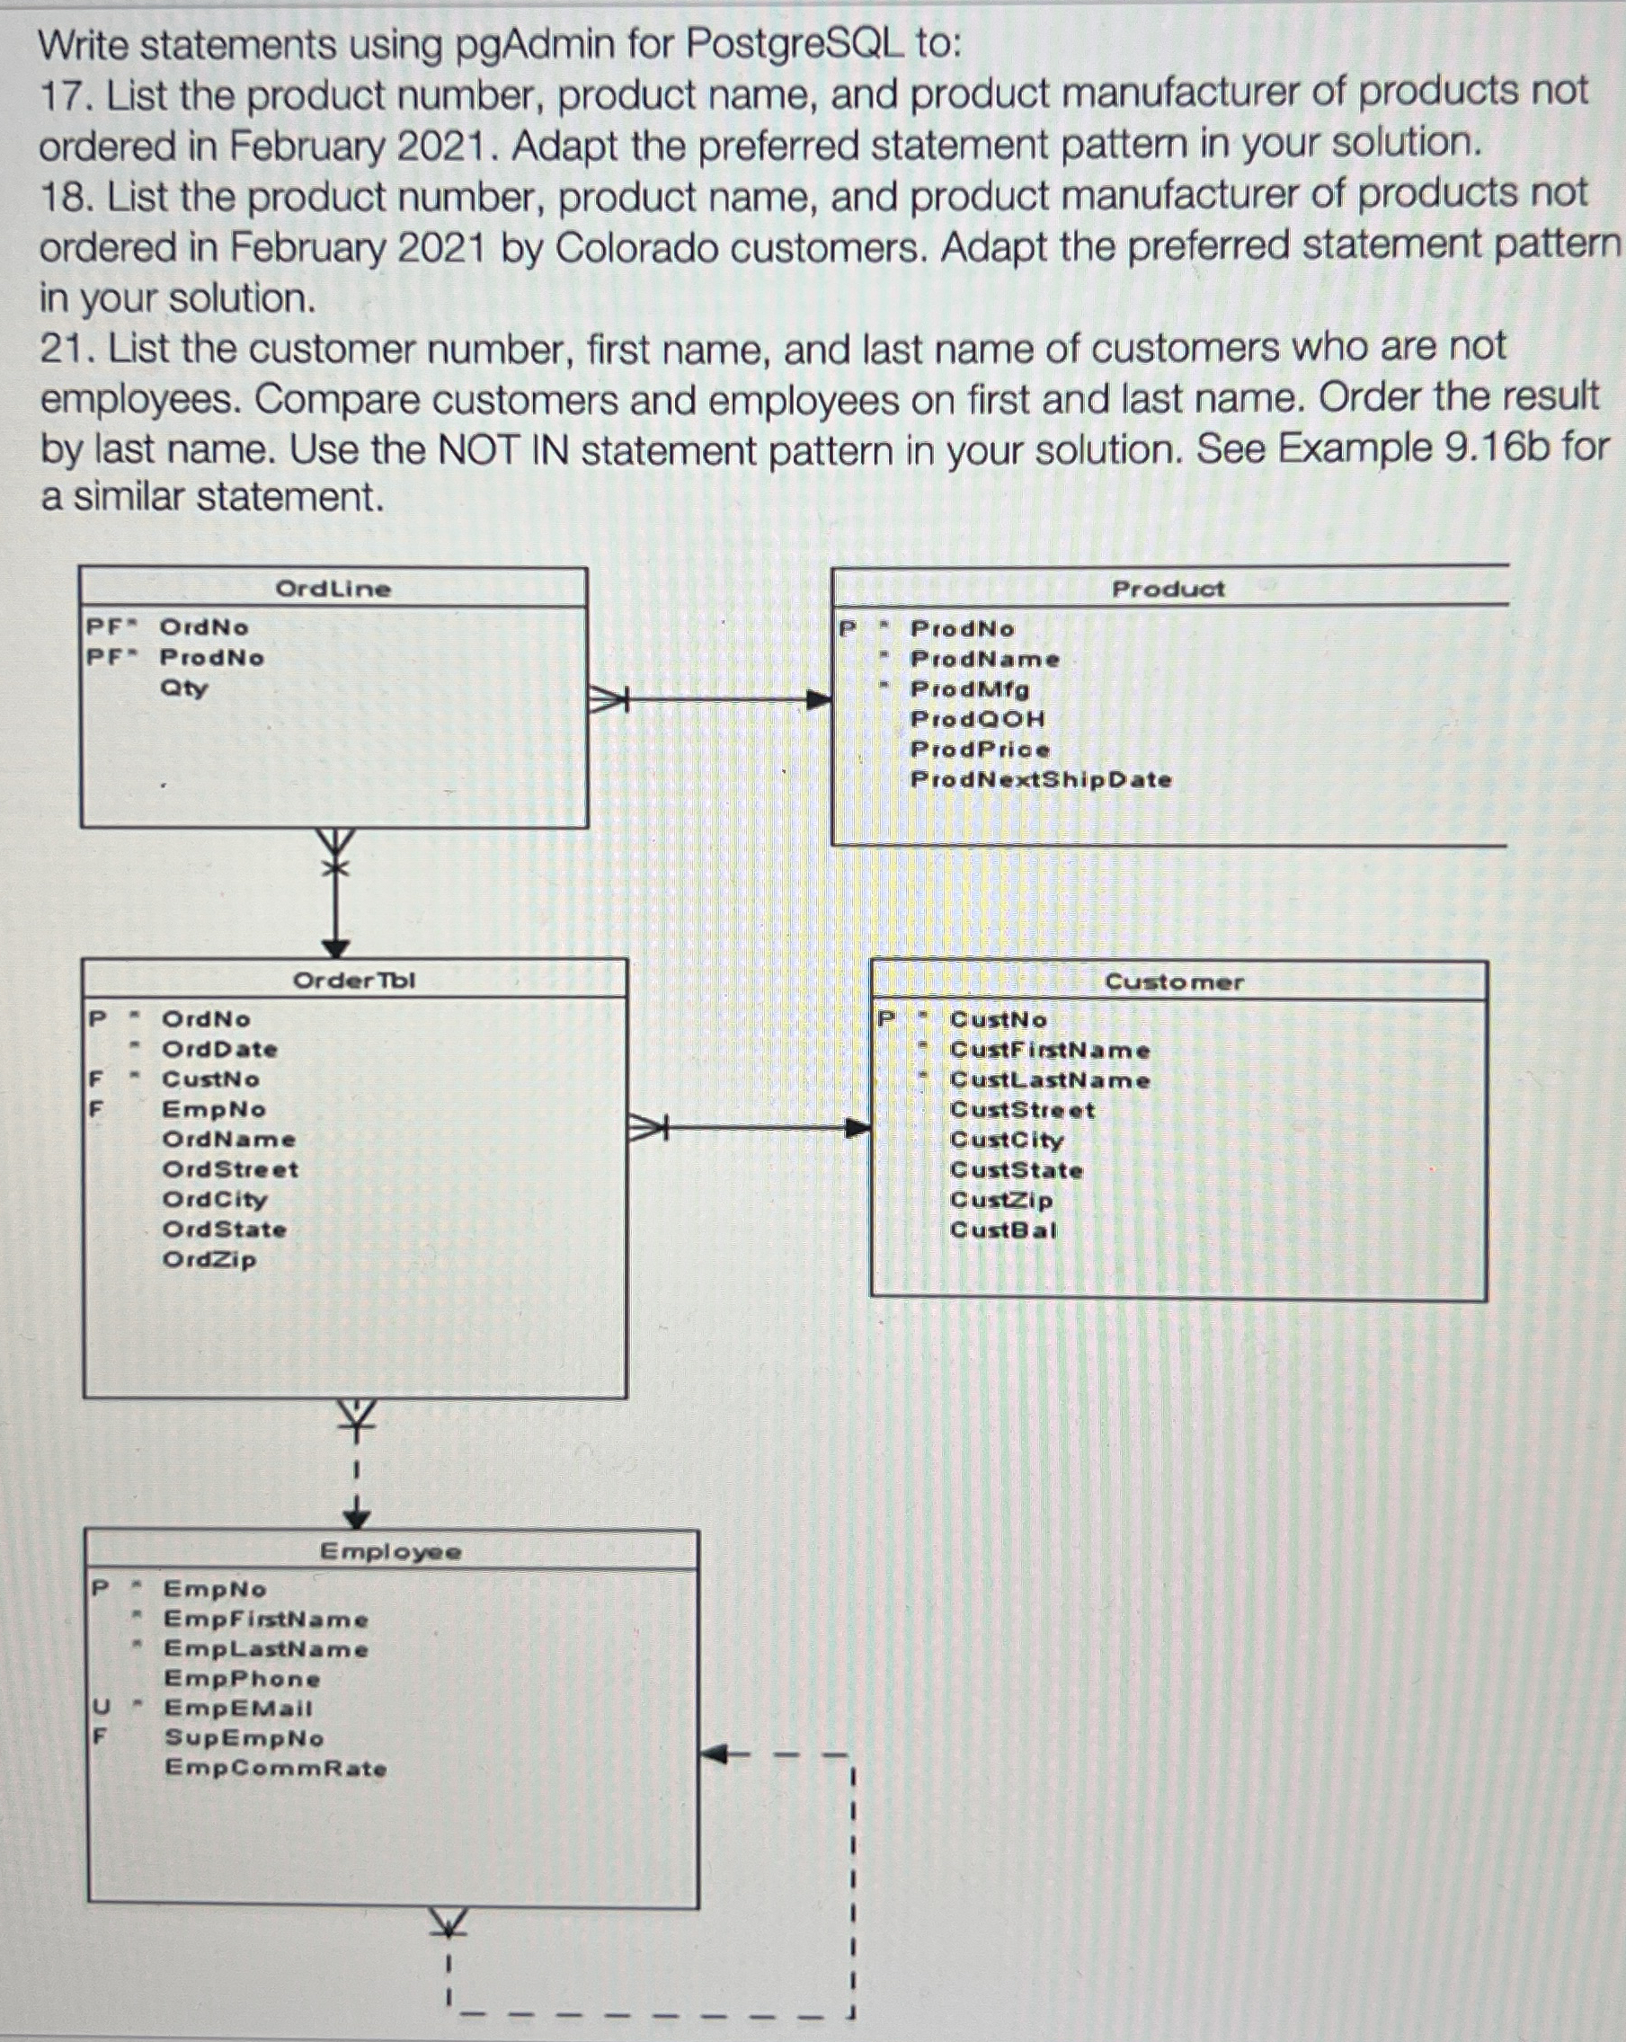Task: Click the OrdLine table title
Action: tap(333, 588)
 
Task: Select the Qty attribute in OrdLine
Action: tap(183, 688)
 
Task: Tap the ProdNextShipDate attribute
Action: tap(1041, 779)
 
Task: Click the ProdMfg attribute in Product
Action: tap(970, 688)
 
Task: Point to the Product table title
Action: tap(1168, 588)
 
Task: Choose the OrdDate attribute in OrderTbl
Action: tap(219, 1050)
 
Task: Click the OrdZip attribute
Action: tap(209, 1260)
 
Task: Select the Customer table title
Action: tap(1173, 982)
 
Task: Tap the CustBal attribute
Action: tap(1003, 1230)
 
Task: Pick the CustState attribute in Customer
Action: tap(1016, 1171)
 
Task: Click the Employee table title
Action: tap(390, 1551)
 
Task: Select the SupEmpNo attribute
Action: tap(244, 1738)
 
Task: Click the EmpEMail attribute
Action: tap(237, 1709)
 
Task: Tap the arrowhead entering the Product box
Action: tap(818, 700)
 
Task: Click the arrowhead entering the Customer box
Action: tap(857, 1128)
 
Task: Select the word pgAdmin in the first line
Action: tap(535, 45)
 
